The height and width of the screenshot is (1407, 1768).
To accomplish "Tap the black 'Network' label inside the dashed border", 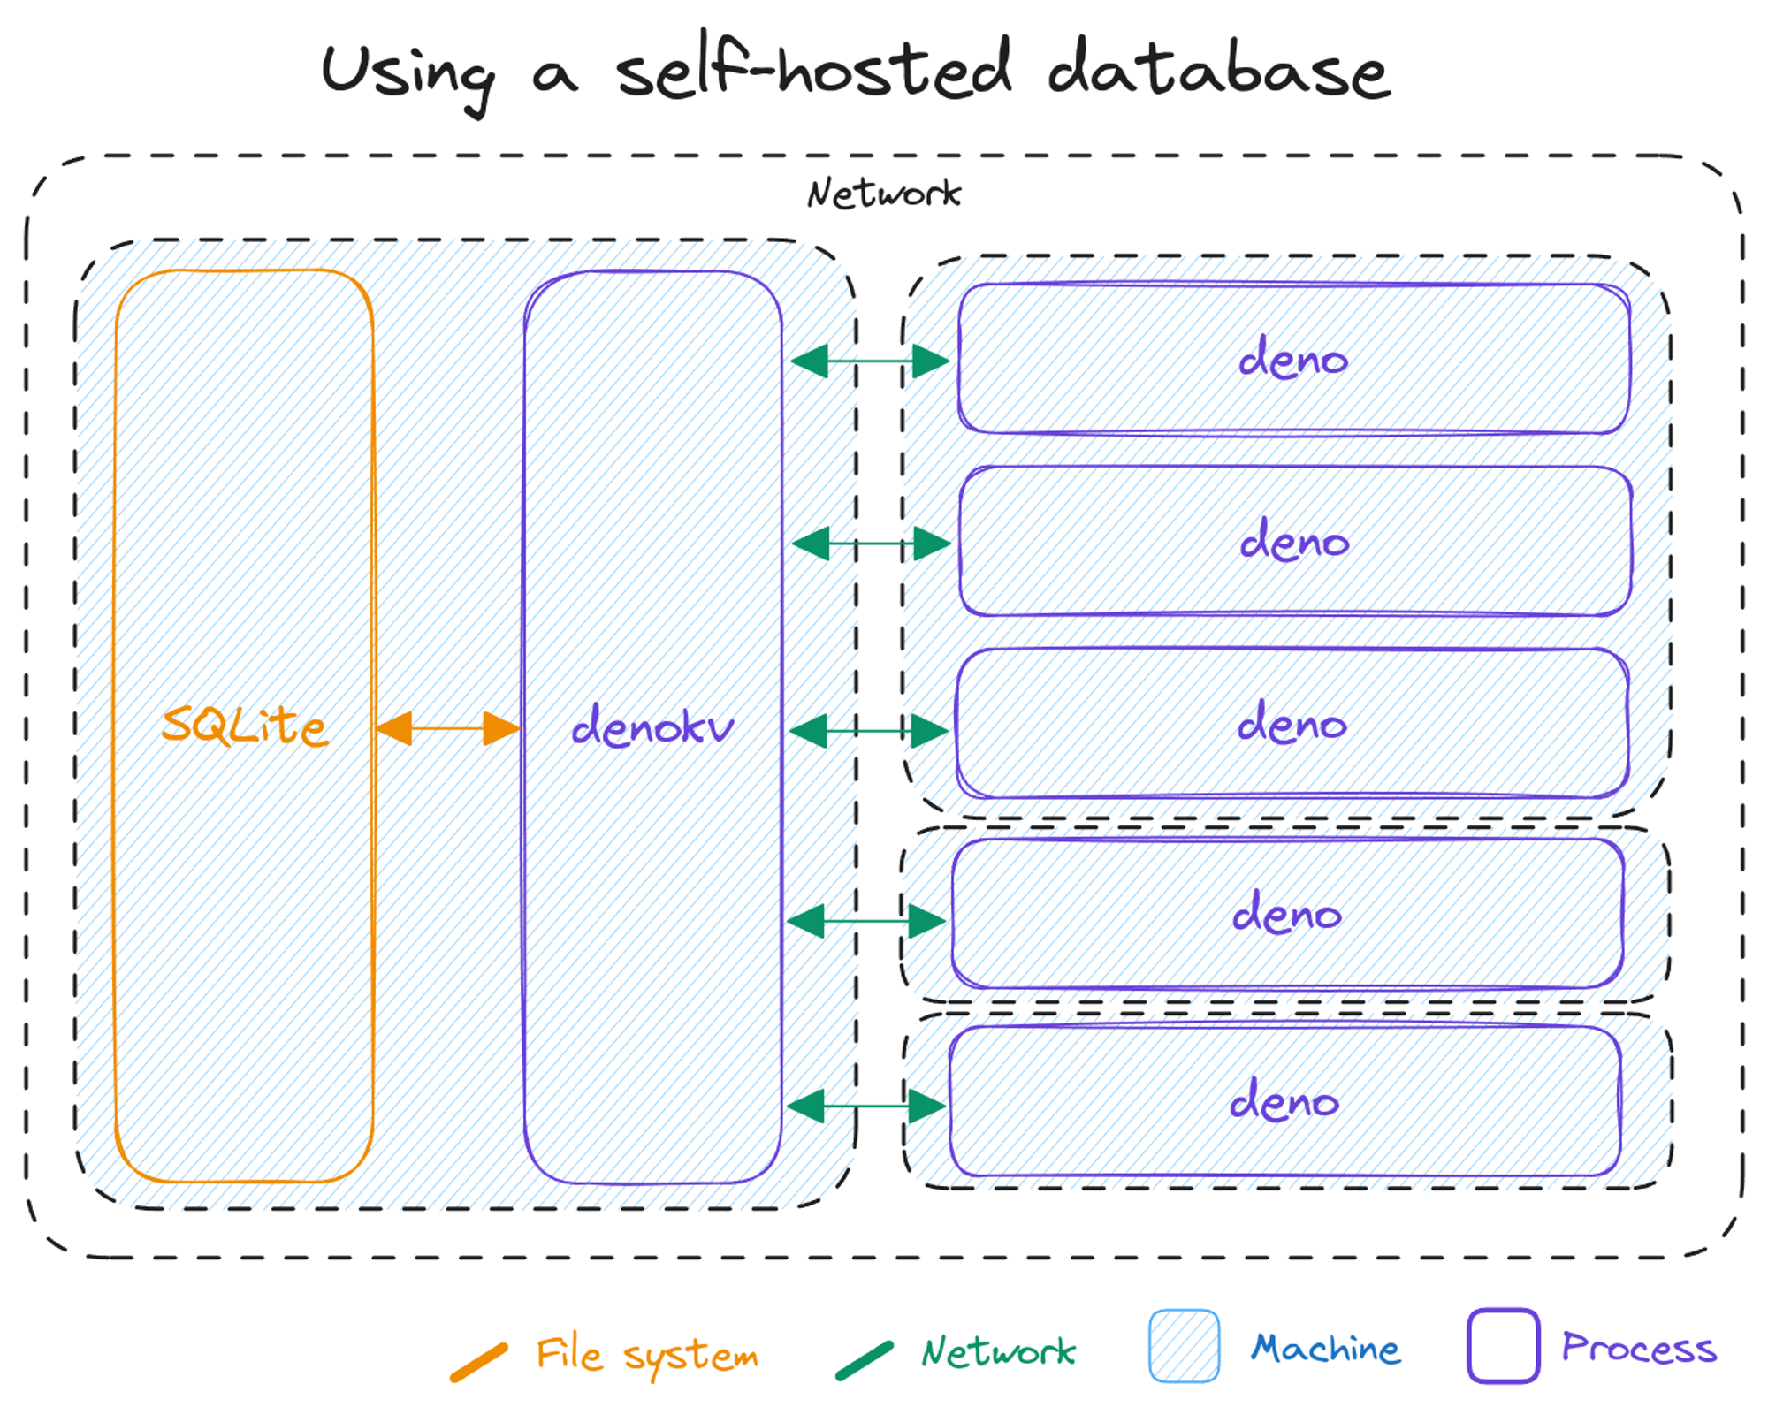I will [884, 194].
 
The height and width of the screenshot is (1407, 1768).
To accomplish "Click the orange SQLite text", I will [245, 726].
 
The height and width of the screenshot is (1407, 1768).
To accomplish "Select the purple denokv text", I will [652, 727].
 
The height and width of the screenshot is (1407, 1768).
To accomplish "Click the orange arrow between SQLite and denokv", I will [448, 728].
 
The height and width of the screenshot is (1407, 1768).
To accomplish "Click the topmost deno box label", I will [1292, 359].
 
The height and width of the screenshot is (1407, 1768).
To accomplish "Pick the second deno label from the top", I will [1294, 541].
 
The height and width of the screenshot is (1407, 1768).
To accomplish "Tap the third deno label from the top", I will [1292, 724].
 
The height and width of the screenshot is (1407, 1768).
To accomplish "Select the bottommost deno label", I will [1284, 1101].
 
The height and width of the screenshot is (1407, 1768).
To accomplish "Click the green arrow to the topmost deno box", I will [870, 361].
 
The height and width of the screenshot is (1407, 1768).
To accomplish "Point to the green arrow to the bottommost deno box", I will [866, 1106].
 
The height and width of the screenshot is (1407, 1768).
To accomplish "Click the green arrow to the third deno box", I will [869, 731].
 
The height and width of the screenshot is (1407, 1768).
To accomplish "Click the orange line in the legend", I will [479, 1362].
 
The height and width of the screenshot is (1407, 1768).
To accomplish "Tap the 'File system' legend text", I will [647, 1355].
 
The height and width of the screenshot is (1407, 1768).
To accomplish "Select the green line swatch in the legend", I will [865, 1360].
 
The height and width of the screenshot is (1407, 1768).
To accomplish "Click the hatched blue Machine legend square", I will [1184, 1345].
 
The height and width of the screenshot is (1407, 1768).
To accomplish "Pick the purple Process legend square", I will [1503, 1345].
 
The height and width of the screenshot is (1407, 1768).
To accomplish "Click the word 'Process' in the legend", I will [1639, 1348].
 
